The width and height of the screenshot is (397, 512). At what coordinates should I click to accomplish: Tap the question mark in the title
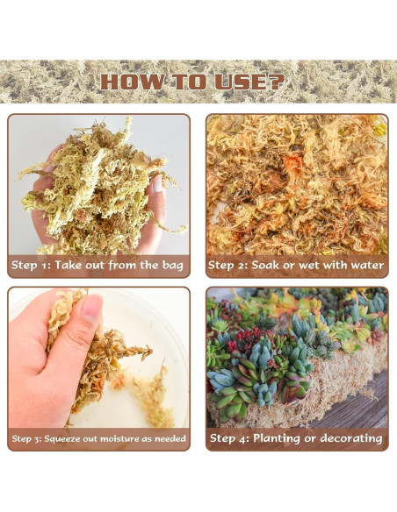(277, 82)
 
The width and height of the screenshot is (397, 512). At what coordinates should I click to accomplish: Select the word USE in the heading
(242, 82)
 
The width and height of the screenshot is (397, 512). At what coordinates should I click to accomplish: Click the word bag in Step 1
(173, 266)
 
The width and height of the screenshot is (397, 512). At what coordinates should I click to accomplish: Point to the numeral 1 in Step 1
(45, 266)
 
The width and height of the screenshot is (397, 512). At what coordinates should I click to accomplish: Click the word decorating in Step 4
(351, 438)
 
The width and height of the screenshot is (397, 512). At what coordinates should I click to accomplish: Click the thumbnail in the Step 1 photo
(157, 184)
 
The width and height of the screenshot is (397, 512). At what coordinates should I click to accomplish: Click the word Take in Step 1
(69, 265)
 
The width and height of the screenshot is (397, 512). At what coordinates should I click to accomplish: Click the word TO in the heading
(189, 82)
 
